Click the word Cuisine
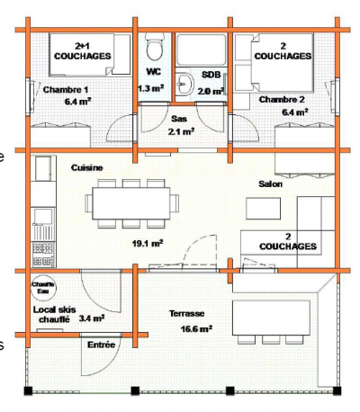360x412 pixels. (x=88, y=168)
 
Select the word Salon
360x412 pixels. (x=270, y=184)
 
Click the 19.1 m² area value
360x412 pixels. (x=147, y=243)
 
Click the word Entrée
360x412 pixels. (x=100, y=345)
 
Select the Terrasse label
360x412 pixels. (x=187, y=313)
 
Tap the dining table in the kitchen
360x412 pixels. (x=131, y=202)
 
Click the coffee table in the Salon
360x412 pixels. (x=265, y=209)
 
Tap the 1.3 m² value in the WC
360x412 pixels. (x=150, y=89)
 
